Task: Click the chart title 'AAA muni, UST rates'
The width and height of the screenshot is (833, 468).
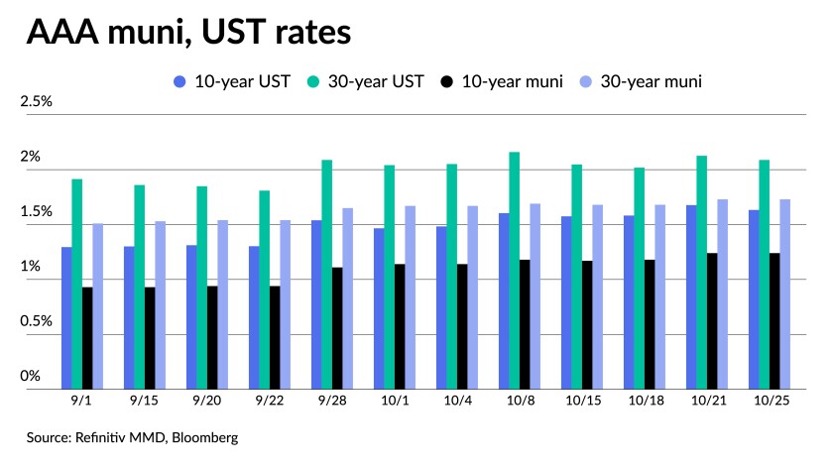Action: (188, 33)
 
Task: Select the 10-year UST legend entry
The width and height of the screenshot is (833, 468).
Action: (231, 81)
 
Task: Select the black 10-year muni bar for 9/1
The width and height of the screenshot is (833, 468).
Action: (87, 338)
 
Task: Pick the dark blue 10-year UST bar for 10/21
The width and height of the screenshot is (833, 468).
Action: (690, 296)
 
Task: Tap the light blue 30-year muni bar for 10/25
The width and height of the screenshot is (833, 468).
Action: (784, 293)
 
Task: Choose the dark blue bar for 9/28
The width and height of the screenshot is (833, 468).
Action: (316, 304)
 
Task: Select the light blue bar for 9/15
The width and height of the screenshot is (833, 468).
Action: (161, 304)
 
